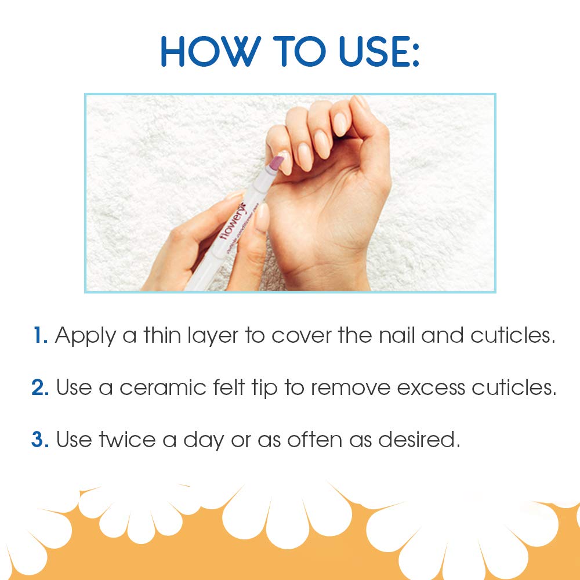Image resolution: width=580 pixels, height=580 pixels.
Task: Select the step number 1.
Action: click(40, 336)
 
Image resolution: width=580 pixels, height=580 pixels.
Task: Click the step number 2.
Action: click(41, 388)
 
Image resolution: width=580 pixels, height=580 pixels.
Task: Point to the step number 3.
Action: click(41, 440)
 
